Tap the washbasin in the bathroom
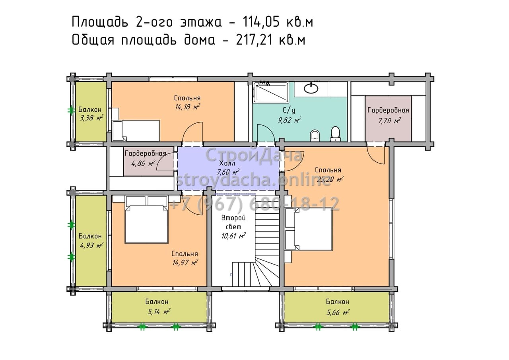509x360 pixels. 311,88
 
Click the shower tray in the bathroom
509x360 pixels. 271,92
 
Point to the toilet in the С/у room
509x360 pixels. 335,134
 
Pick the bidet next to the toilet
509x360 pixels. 315,135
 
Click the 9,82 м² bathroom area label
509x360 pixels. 289,120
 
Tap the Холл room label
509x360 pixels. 227,163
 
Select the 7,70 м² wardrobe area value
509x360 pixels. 389,121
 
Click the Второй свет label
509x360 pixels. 233,222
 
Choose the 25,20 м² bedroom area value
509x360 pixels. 330,179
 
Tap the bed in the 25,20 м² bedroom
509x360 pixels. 309,230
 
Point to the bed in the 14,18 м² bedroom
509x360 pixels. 136,130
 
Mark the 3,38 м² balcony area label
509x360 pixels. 91,118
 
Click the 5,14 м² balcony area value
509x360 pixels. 159,311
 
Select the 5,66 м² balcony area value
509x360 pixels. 338,313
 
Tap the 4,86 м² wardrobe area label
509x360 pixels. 143,163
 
